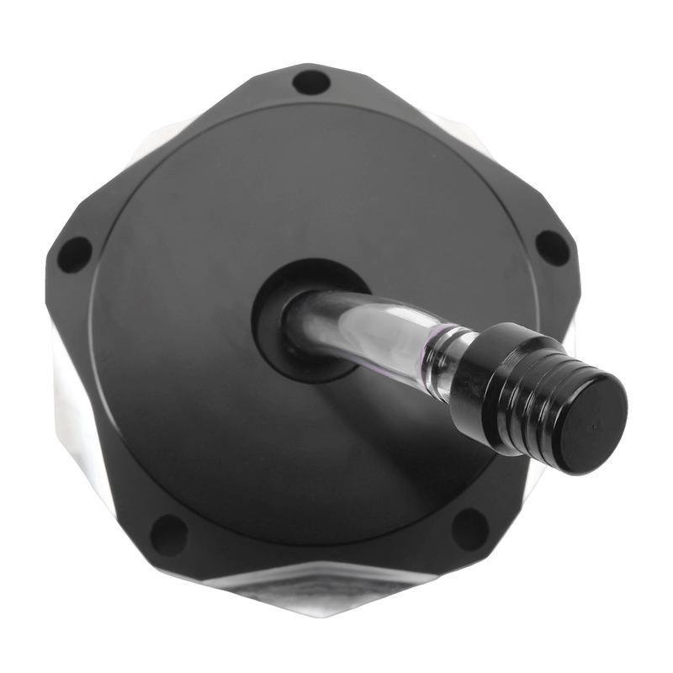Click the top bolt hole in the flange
(311, 82)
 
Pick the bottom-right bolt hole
(470, 529)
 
